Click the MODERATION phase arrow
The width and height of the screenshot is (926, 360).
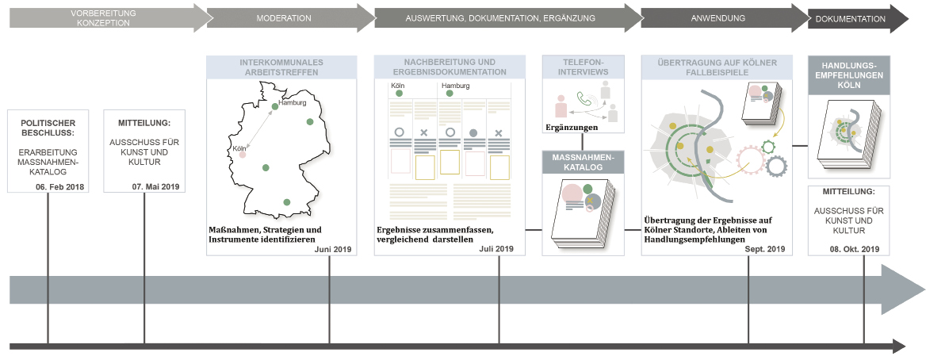point(285,18)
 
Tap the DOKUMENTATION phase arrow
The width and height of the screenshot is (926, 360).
point(850,18)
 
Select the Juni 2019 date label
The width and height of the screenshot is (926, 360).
point(332,249)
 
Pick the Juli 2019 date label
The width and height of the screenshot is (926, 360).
point(496,249)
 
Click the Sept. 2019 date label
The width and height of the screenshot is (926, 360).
point(765,249)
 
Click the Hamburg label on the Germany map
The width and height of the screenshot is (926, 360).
point(293,102)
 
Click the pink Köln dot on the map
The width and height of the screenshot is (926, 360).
point(243,155)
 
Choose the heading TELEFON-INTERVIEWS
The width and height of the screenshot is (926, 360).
point(582,67)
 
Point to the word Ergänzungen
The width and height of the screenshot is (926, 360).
point(571,126)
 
